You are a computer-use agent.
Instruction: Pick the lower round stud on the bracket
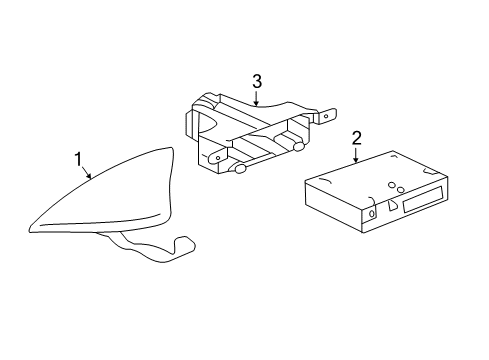(x=241, y=168)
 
